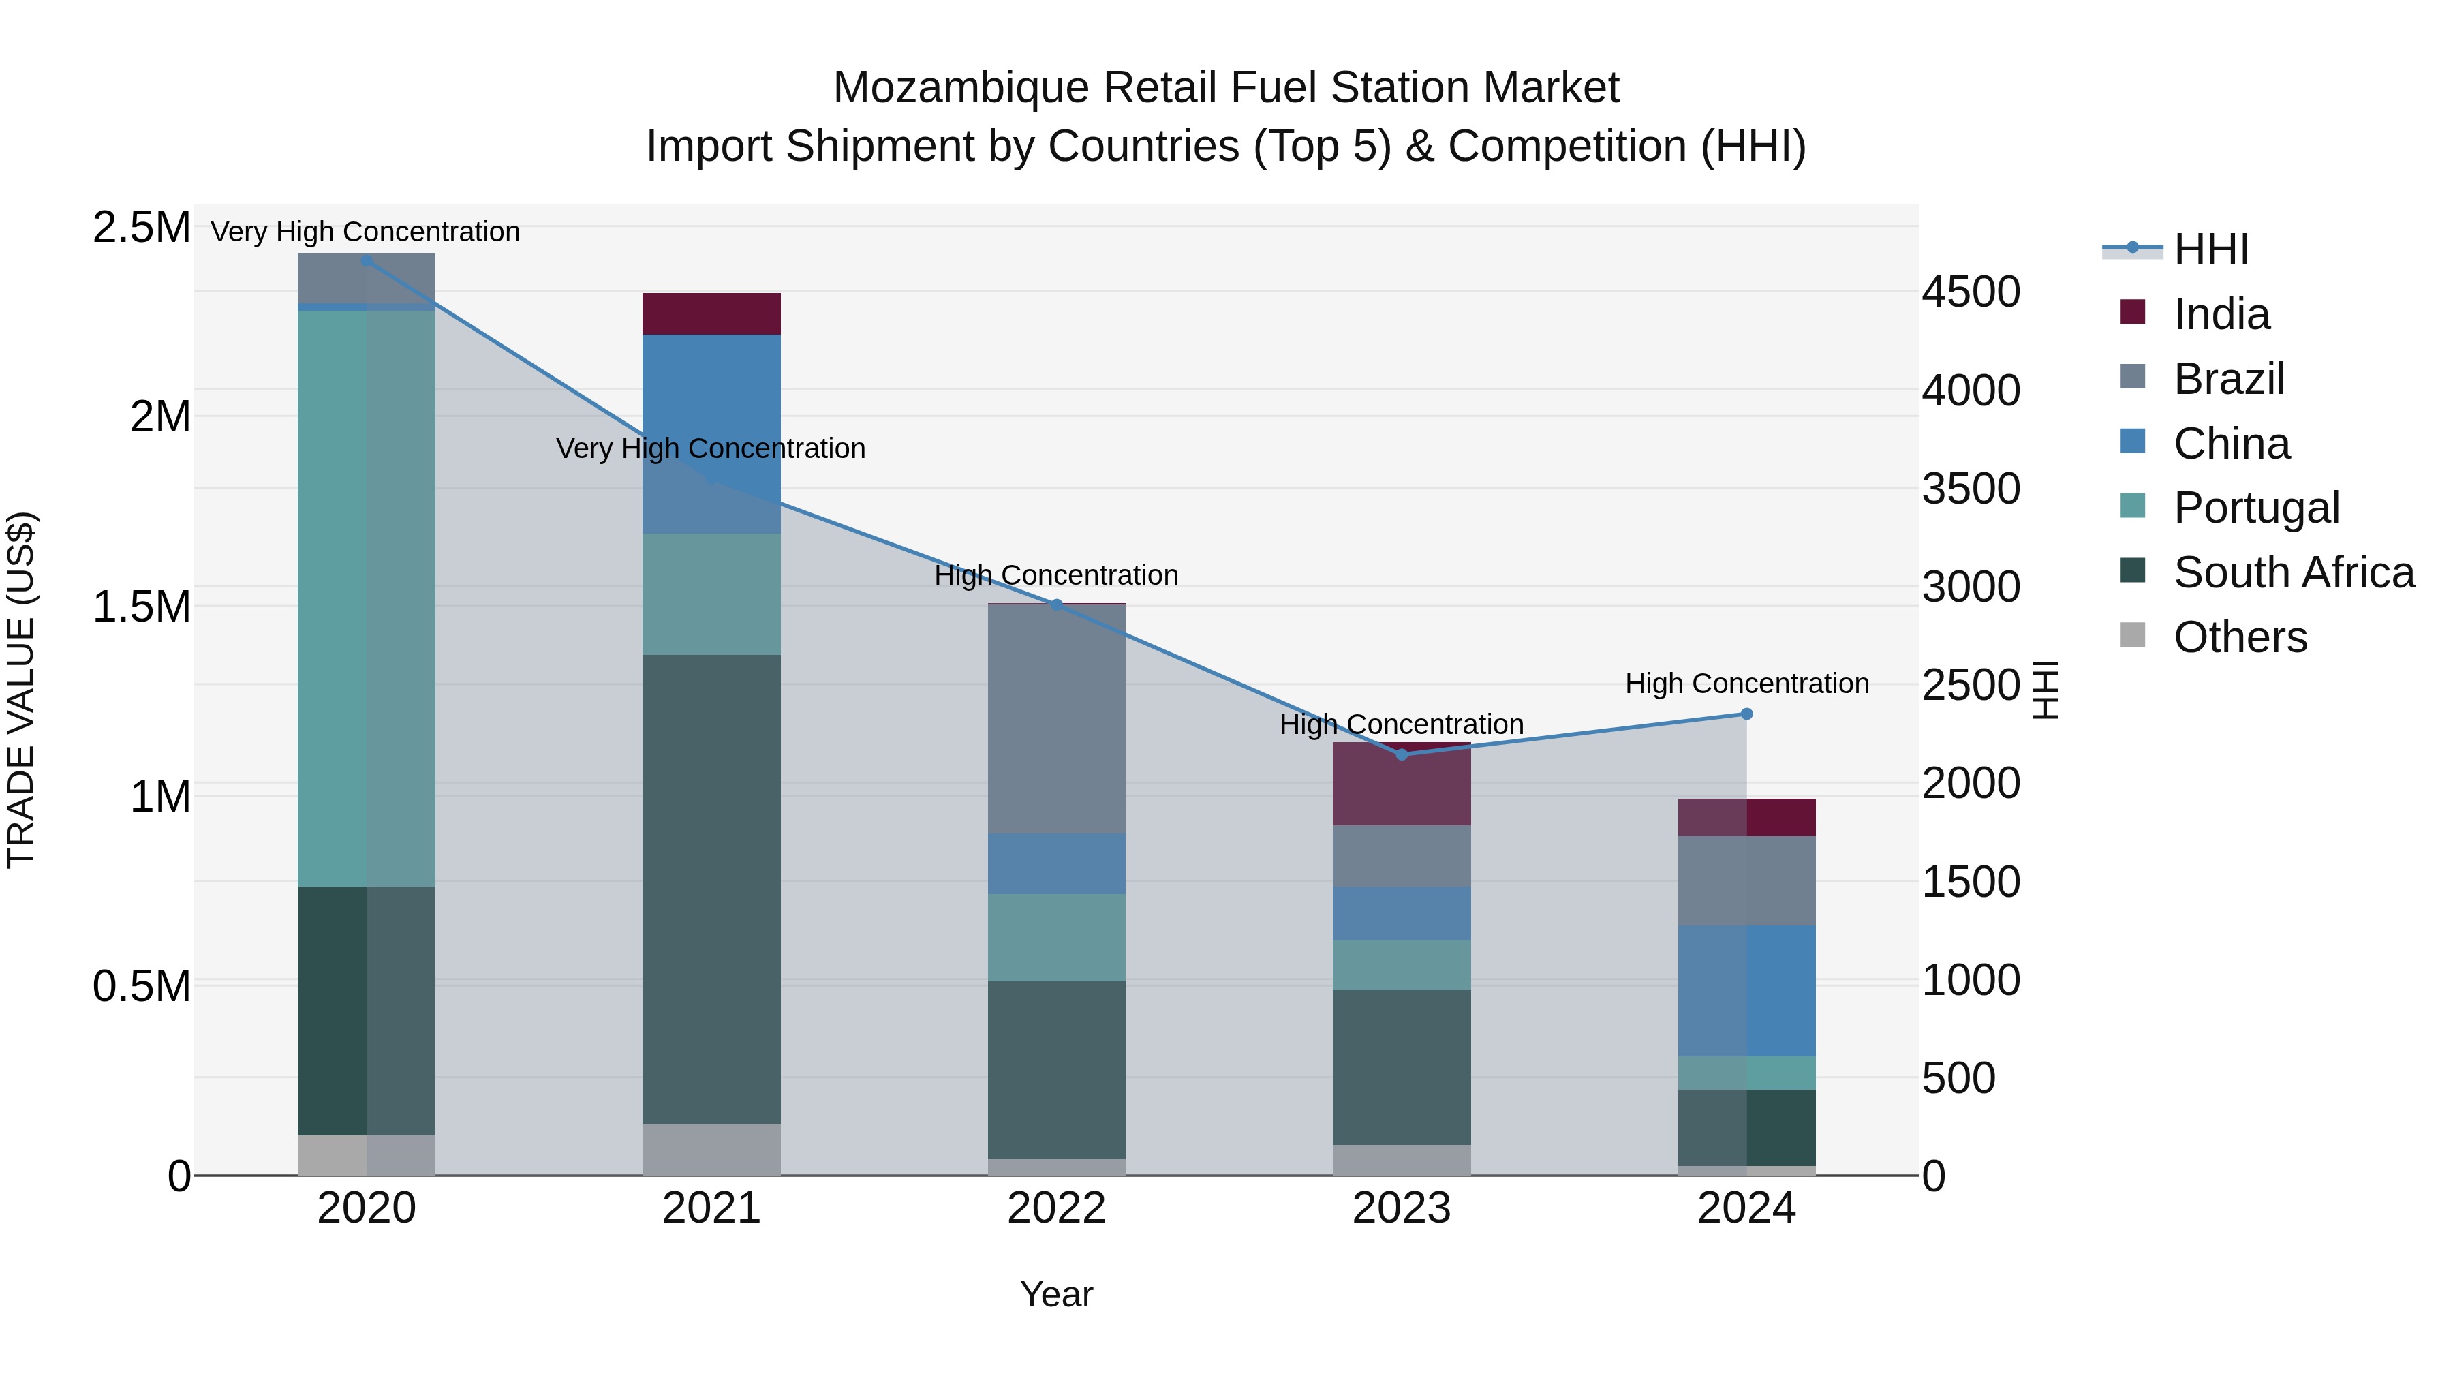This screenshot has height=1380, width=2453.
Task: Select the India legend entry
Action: click(2221, 314)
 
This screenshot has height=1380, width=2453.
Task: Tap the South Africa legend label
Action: click(2293, 572)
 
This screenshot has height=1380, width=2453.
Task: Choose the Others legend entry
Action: click(2240, 637)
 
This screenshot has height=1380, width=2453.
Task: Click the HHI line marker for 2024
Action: click(1746, 714)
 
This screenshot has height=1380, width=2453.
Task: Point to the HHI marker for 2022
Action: click(1056, 604)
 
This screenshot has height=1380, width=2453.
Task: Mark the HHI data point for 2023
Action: click(1401, 754)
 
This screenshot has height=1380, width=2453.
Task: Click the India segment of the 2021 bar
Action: click(711, 313)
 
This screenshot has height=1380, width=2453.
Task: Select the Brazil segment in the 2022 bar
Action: click(1056, 719)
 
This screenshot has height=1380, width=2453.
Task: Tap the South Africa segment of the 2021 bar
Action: click(711, 889)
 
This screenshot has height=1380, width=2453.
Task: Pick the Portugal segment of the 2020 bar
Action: click(367, 598)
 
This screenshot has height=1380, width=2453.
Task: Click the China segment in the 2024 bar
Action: click(1746, 990)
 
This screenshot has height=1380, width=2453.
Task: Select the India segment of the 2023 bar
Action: click(1401, 784)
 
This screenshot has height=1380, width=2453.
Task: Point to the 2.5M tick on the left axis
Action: click(141, 228)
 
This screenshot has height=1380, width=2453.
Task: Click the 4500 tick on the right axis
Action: click(1970, 292)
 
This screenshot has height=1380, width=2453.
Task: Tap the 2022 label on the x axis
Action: click(1056, 1208)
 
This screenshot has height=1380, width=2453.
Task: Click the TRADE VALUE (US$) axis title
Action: click(21, 690)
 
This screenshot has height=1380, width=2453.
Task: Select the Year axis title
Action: click(1056, 1294)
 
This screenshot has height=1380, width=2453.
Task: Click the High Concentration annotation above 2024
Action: click(1746, 683)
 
